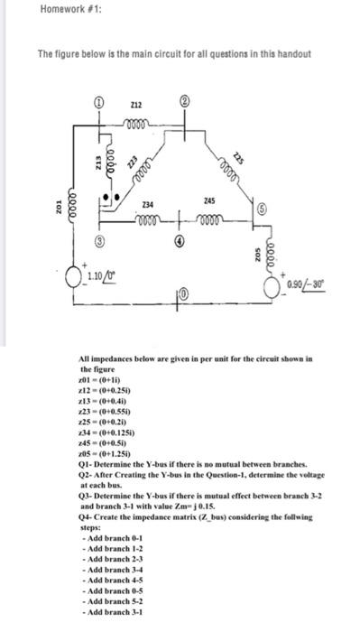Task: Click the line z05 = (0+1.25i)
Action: [106, 459]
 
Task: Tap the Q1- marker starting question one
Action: [88, 469]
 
